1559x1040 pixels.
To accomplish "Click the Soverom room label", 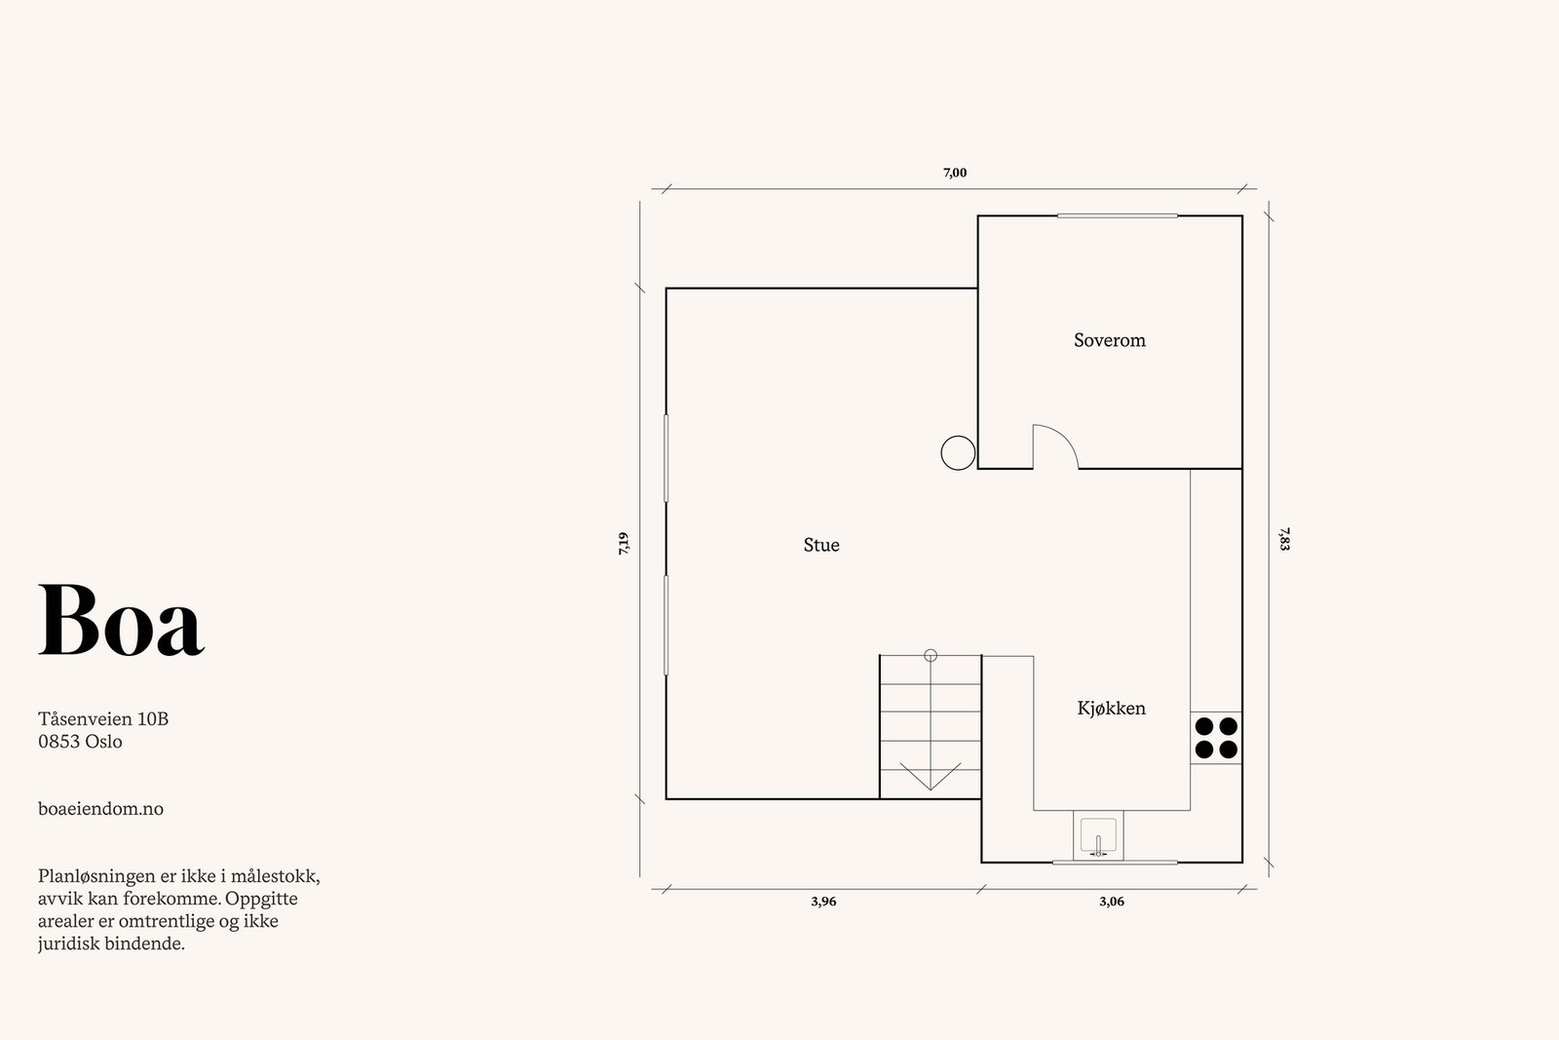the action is pyautogui.click(x=1110, y=340).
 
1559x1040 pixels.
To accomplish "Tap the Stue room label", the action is pyautogui.click(x=821, y=544).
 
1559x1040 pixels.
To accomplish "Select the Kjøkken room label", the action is pyautogui.click(x=1112, y=708).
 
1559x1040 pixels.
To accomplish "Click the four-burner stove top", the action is pyautogui.click(x=1216, y=738).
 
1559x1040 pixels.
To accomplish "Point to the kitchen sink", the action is pyautogui.click(x=1098, y=835).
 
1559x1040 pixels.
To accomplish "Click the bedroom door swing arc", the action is pyautogui.click(x=1065, y=438).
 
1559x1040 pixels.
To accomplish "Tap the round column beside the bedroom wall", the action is pyautogui.click(x=958, y=453).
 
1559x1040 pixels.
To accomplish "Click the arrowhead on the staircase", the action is pyautogui.click(x=931, y=777).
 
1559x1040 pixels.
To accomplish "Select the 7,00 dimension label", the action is pyautogui.click(x=955, y=173).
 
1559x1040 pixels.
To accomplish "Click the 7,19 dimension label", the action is pyautogui.click(x=624, y=544).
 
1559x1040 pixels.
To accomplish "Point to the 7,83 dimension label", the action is pyautogui.click(x=1285, y=539).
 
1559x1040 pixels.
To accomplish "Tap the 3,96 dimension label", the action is pyautogui.click(x=823, y=902).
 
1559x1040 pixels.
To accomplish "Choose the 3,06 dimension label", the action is pyautogui.click(x=1112, y=902).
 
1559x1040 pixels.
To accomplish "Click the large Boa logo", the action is pyautogui.click(x=121, y=620).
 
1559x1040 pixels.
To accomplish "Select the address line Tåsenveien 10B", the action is pyautogui.click(x=103, y=718).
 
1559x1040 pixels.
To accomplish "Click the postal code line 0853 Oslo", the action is pyautogui.click(x=80, y=742).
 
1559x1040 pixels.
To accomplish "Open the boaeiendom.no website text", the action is pyautogui.click(x=101, y=808).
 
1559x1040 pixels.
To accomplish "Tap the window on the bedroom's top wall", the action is pyautogui.click(x=1117, y=215).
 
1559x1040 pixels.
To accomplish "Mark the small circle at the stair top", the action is pyautogui.click(x=931, y=655).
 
